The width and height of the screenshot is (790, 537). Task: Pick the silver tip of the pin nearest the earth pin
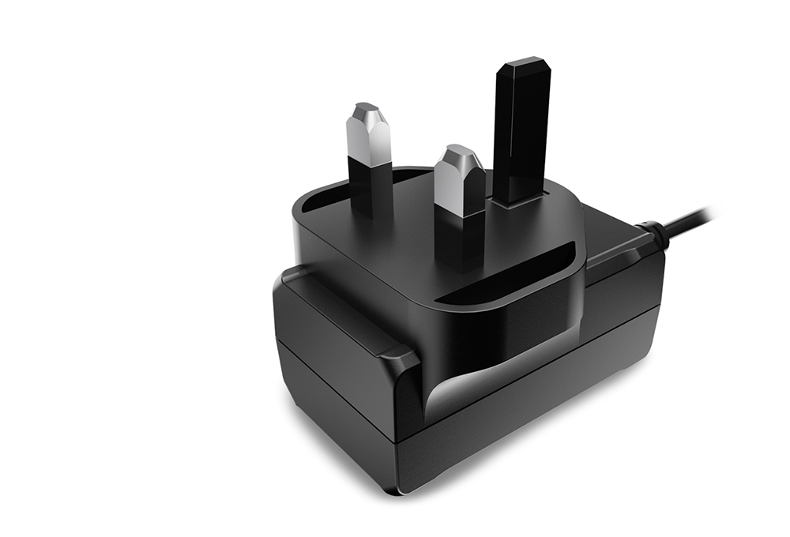point(461,178)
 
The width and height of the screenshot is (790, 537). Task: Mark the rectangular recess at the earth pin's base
point(517,197)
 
